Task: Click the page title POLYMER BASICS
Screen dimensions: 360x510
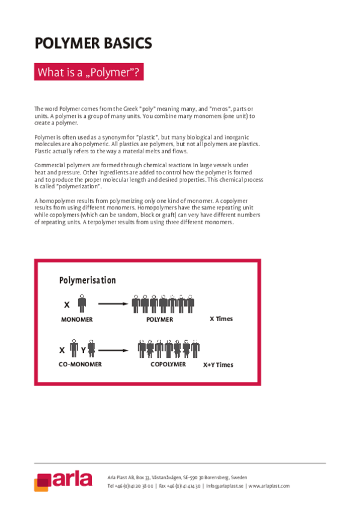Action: pyautogui.click(x=93, y=43)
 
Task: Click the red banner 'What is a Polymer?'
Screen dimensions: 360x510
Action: pyautogui.click(x=89, y=73)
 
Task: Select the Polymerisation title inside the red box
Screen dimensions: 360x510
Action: pyautogui.click(x=88, y=280)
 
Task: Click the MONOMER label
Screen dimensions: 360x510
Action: pyautogui.click(x=77, y=319)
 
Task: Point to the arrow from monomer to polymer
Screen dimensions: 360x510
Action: pyautogui.click(x=114, y=304)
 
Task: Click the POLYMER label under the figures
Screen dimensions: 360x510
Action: pyautogui.click(x=159, y=319)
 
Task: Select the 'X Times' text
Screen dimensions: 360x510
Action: pyautogui.click(x=221, y=319)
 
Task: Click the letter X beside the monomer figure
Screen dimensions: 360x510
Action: pyautogui.click(x=67, y=305)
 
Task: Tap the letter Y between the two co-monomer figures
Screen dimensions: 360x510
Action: pyautogui.click(x=83, y=349)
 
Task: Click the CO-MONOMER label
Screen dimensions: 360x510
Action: pyautogui.click(x=80, y=364)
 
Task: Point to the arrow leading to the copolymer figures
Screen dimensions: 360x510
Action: pyautogui.click(x=114, y=349)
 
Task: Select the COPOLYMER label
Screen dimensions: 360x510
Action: pyautogui.click(x=168, y=364)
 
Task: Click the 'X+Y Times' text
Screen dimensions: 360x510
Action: pyautogui.click(x=218, y=364)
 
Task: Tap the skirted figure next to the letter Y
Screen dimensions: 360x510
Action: pyautogui.click(x=91, y=349)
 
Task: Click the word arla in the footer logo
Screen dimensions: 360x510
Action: pyautogui.click(x=72, y=479)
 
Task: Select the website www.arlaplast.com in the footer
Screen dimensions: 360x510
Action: pyautogui.click(x=269, y=485)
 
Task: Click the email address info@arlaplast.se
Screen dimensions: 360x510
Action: pyautogui.click(x=224, y=485)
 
